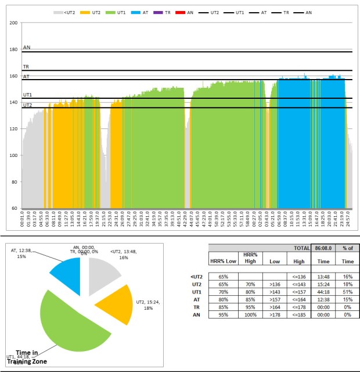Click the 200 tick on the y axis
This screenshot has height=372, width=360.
pos(13,22)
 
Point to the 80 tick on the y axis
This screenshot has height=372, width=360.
pos(15,182)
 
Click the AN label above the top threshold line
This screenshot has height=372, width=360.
pos(27,48)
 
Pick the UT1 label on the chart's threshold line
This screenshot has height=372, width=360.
pos(27,94)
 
